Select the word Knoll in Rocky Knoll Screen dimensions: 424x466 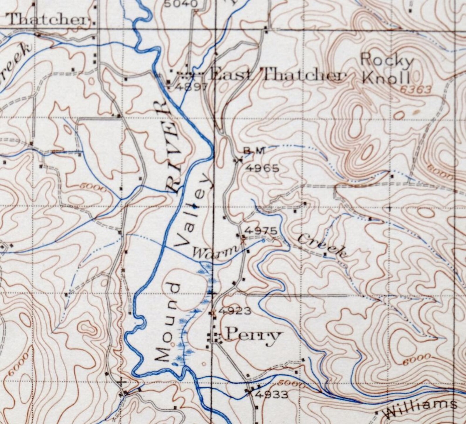point(385,78)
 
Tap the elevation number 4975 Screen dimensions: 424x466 point(260,231)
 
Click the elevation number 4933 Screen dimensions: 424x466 point(272,395)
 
